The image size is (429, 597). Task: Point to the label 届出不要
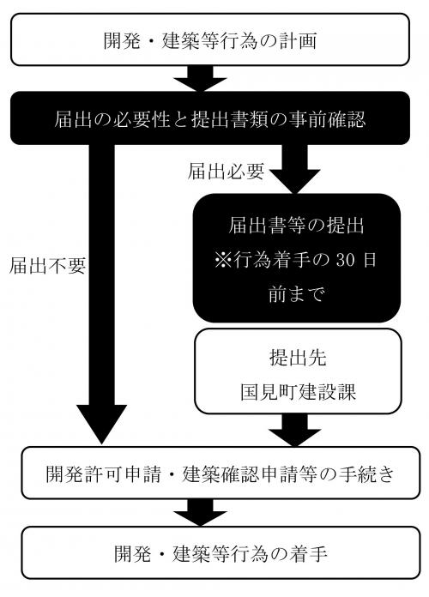pyautogui.click(x=47, y=265)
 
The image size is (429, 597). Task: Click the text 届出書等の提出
pyautogui.click(x=297, y=226)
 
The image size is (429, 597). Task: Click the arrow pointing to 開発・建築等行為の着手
pyautogui.click(x=203, y=512)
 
